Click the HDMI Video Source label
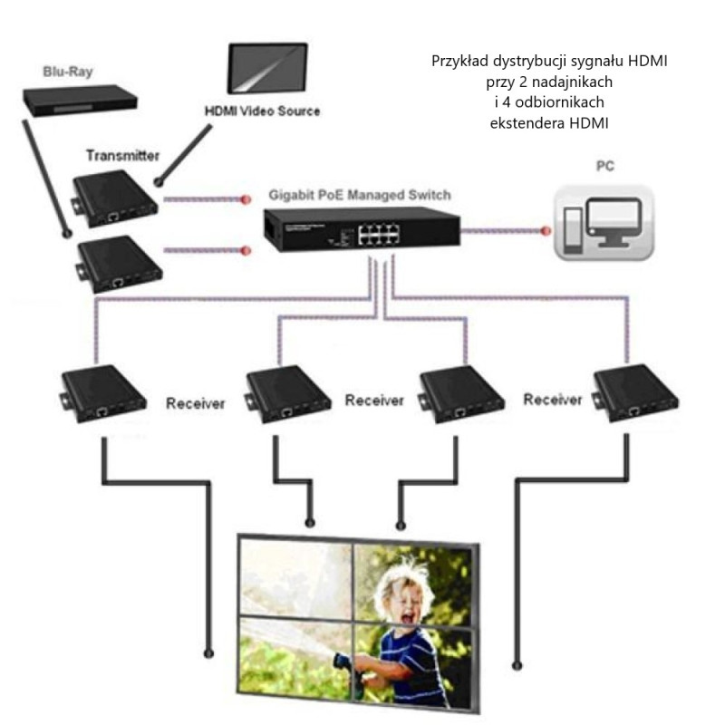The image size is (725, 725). pos(261,111)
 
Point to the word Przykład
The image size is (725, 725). pos(458,63)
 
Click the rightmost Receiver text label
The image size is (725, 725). pos(553,400)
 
